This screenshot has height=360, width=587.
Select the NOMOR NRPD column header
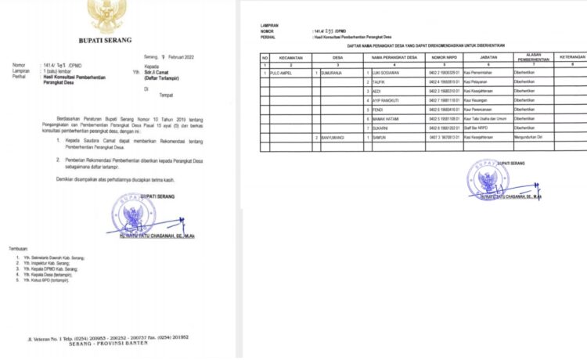tap(443, 58)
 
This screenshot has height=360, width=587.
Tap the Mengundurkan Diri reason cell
tap(529, 137)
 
